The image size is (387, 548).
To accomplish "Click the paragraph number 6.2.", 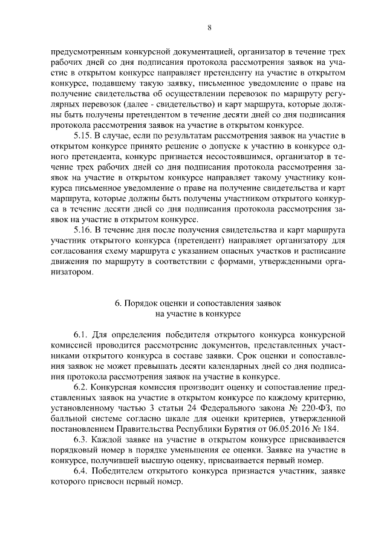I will pos(82,386).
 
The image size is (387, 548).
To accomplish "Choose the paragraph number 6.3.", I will pos(82,438).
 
